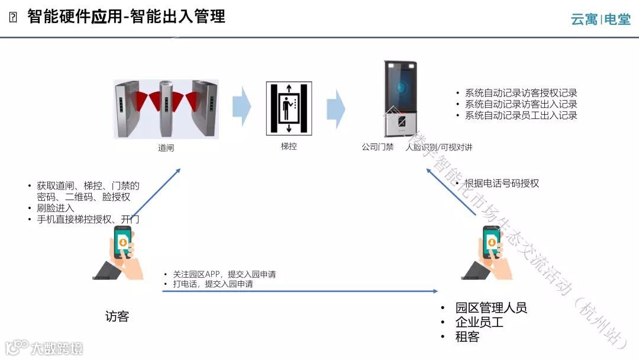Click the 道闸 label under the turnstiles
coord(166,148)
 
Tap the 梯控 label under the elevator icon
coord(289,146)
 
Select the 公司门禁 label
coord(377,147)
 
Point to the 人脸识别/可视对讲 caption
coord(439,147)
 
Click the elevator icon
coord(289,107)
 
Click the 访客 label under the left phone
coord(117,317)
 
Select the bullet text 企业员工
coord(479,322)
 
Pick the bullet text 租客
coord(467,337)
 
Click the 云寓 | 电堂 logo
coord(601,20)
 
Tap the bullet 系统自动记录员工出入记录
coord(521,115)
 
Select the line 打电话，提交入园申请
coord(212,284)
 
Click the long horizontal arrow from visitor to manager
coord(299,291)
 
